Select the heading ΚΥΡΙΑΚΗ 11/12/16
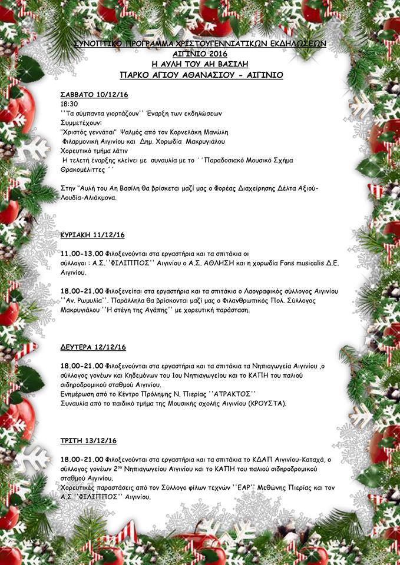92,235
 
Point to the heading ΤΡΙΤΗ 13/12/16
88,440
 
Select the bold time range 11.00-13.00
82,254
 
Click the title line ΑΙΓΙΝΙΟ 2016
200,52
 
